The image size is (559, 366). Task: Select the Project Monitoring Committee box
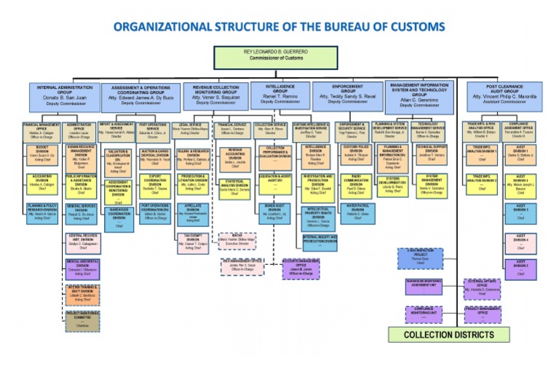tap(82, 320)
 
